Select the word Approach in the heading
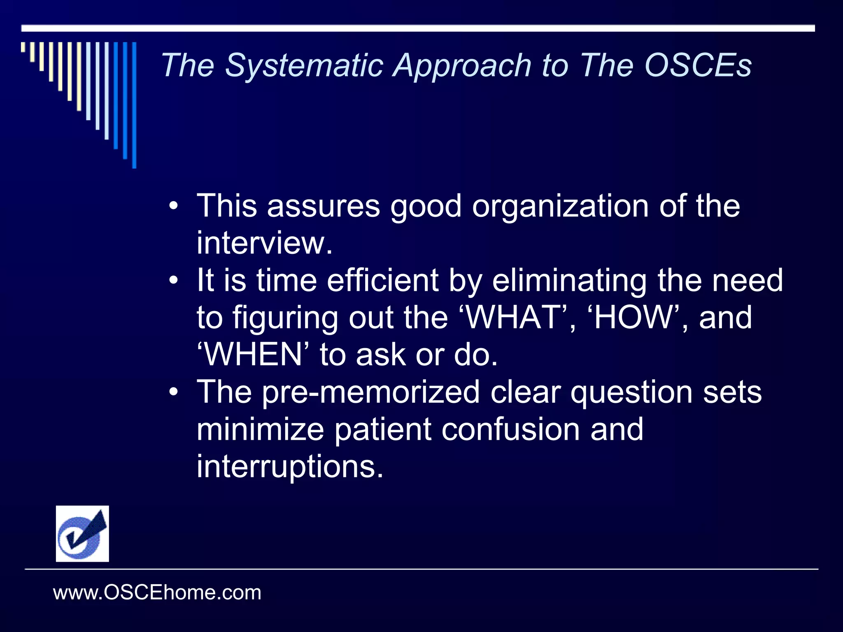(x=462, y=66)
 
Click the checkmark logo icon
(x=82, y=534)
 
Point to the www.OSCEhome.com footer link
(x=157, y=593)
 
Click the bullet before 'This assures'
(x=174, y=205)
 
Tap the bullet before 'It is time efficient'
(x=174, y=280)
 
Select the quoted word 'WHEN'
(x=253, y=355)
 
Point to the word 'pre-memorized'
(x=370, y=393)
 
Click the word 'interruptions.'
(x=290, y=467)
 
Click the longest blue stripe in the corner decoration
(x=134, y=105)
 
